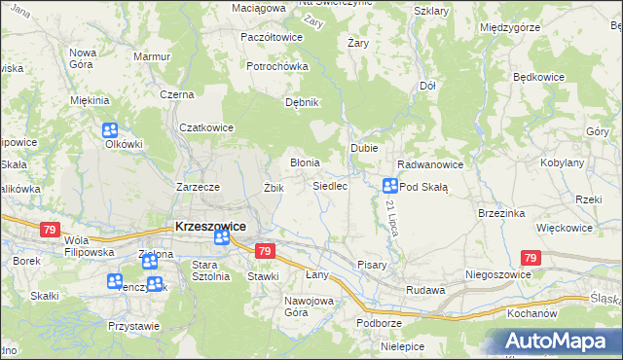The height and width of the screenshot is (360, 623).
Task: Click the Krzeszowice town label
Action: [x=210, y=225]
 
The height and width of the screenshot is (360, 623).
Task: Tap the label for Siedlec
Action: [x=330, y=185]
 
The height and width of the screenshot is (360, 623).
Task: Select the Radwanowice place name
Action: [x=429, y=164]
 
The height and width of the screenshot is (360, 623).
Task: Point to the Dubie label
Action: [x=364, y=147]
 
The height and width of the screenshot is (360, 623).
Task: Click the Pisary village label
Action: [x=372, y=264]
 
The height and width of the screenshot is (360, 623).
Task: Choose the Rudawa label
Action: [x=425, y=290]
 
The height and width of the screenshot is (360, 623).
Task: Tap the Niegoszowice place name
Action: [x=498, y=274]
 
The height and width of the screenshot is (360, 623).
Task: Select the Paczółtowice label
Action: [x=271, y=37]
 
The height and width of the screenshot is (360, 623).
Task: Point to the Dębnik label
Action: [x=301, y=102]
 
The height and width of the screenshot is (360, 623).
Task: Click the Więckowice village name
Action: [x=565, y=228]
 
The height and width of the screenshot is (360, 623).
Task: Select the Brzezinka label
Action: [x=502, y=212]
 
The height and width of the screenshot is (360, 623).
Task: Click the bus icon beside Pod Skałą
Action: [x=390, y=185]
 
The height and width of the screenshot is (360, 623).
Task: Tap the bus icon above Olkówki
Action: [x=110, y=129]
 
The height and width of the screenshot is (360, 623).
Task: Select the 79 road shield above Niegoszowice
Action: [x=531, y=258]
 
